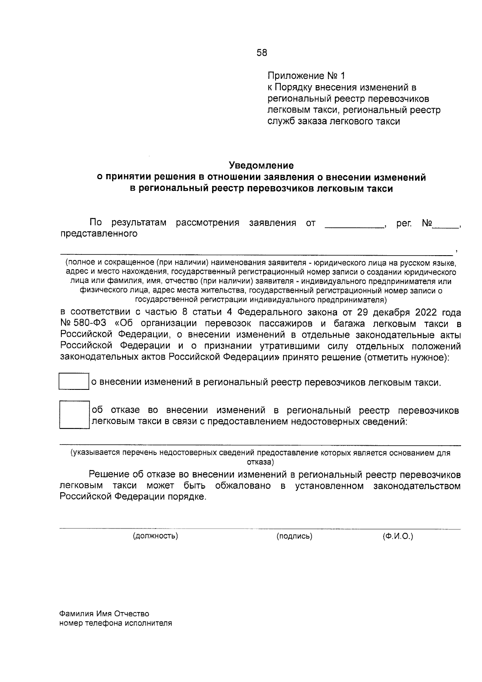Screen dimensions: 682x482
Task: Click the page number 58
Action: point(261,53)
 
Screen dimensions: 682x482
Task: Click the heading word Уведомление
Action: point(261,165)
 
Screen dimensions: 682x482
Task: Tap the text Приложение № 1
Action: point(306,76)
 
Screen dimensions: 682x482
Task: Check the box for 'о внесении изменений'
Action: point(74,381)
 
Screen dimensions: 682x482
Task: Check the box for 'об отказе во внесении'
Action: point(74,415)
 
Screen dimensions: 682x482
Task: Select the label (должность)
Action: point(155,536)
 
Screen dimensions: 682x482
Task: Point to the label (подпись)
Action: point(294,536)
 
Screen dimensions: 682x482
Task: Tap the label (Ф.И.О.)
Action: point(398,536)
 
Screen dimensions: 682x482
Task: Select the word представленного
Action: point(99,234)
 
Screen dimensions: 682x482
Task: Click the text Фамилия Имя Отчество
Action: point(104,614)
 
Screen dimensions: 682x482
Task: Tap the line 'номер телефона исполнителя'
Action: point(116,623)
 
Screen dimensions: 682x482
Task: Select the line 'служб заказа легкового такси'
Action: point(334,121)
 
